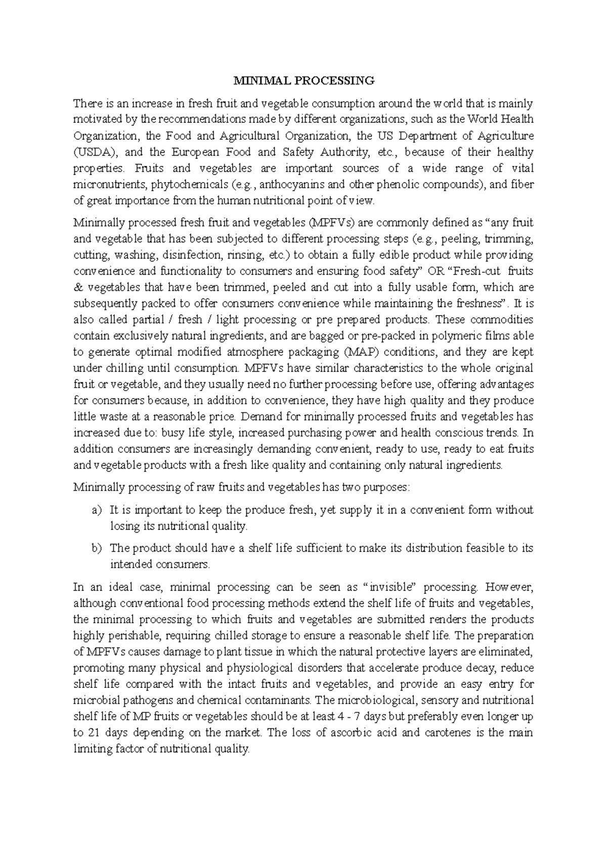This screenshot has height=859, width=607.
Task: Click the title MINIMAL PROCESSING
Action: (303, 80)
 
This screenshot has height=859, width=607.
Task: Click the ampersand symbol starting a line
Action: (78, 287)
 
